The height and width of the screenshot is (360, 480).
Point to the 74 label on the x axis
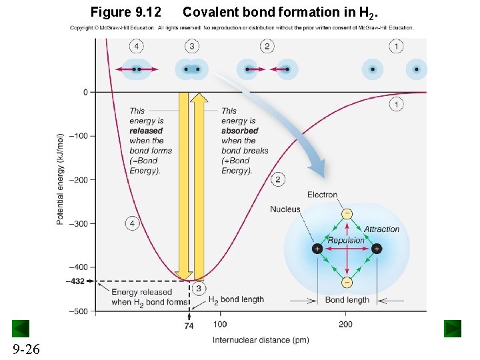[189, 326]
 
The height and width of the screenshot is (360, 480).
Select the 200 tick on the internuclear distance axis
[345, 325]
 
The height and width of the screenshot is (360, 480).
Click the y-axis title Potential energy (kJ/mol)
[60, 179]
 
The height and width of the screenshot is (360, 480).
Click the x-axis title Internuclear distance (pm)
[261, 340]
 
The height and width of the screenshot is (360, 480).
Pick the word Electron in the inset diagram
[322, 195]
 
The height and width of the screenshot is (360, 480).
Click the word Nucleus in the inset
[285, 209]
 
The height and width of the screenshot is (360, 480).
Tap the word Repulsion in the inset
[346, 240]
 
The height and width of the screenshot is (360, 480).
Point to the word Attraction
[381, 229]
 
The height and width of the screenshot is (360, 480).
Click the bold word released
[146, 131]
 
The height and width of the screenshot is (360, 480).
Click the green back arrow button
[21, 328]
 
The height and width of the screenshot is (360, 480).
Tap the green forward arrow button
[453, 328]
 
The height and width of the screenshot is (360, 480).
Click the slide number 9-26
[25, 348]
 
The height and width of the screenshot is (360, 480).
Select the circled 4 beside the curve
[132, 224]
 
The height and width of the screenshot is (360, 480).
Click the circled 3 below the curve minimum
[199, 288]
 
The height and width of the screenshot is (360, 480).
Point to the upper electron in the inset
[347, 213]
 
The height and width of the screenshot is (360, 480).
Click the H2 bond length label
[236, 300]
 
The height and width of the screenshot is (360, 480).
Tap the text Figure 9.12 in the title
[126, 12]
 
